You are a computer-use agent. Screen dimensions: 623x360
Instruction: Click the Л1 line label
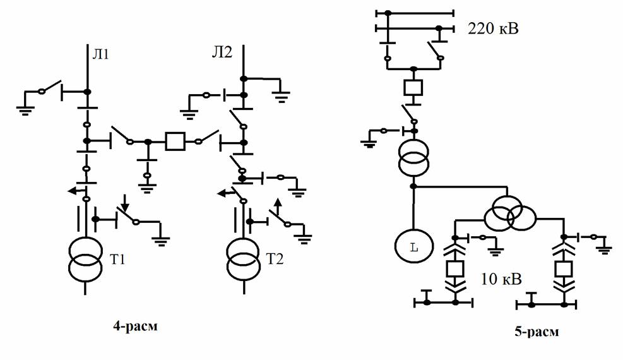100,53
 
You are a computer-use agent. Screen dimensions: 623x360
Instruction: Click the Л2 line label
222,52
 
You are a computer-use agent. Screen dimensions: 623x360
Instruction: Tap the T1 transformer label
117,260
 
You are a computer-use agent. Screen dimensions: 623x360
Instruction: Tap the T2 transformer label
275,259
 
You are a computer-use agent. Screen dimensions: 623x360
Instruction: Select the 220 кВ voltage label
493,28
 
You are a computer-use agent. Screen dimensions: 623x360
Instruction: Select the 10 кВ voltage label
501,279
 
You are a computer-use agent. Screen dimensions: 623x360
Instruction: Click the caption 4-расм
135,327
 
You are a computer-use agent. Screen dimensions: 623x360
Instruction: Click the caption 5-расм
537,332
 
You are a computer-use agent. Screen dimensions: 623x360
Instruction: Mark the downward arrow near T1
125,203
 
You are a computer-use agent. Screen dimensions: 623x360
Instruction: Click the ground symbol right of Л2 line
281,96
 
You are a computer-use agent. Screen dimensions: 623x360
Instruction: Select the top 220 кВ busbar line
415,13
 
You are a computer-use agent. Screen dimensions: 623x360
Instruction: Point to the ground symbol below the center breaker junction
148,188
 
